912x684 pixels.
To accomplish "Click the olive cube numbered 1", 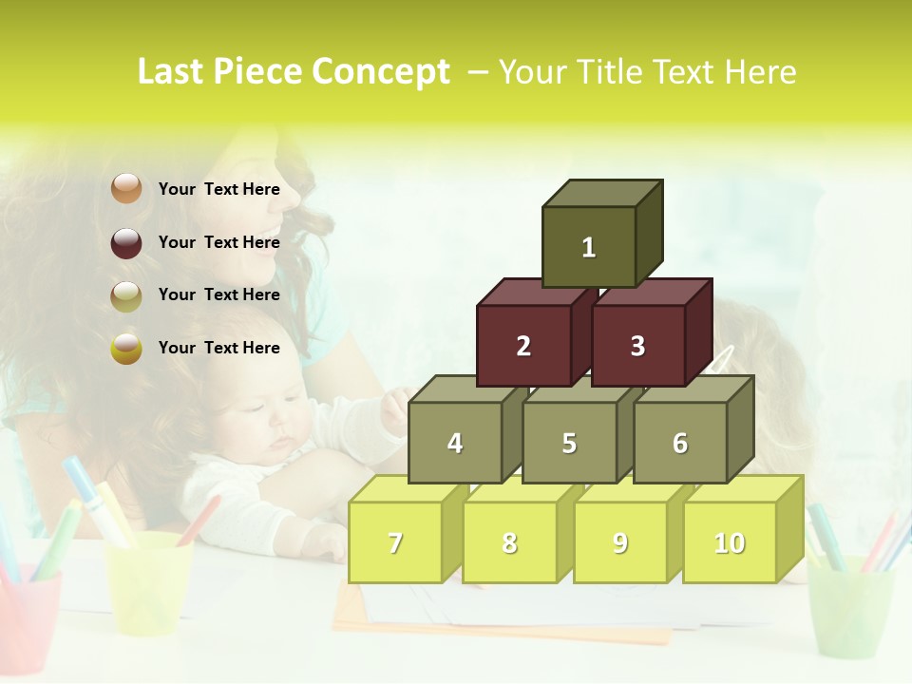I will click(588, 247).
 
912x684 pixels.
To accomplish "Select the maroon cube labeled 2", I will click(523, 346).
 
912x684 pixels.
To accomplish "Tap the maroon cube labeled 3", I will click(637, 346).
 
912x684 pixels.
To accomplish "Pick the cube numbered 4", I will click(455, 443).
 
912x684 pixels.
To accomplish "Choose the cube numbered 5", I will click(568, 443).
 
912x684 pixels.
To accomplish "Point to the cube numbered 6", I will click(679, 443).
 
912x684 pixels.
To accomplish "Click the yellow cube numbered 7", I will click(395, 542).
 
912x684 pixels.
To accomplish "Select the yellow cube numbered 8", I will click(509, 542).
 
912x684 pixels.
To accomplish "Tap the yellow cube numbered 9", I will click(619, 542).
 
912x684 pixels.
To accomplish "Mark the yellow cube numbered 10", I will click(729, 542).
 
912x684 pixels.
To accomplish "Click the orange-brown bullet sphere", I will click(126, 189).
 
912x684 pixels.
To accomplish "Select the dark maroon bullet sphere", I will click(126, 242).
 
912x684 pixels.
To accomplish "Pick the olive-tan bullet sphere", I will click(126, 295).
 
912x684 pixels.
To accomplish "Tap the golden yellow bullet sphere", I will click(126, 348).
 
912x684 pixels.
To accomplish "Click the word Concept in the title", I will click(381, 72).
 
